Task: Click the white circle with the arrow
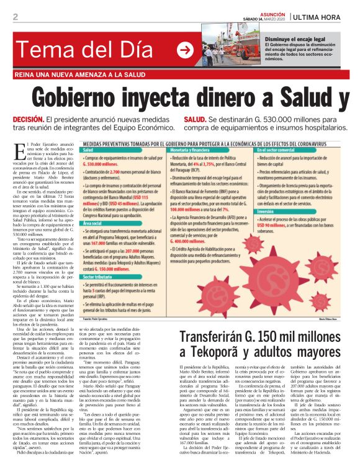click(186, 50)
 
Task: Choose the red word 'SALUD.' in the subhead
click(196, 118)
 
